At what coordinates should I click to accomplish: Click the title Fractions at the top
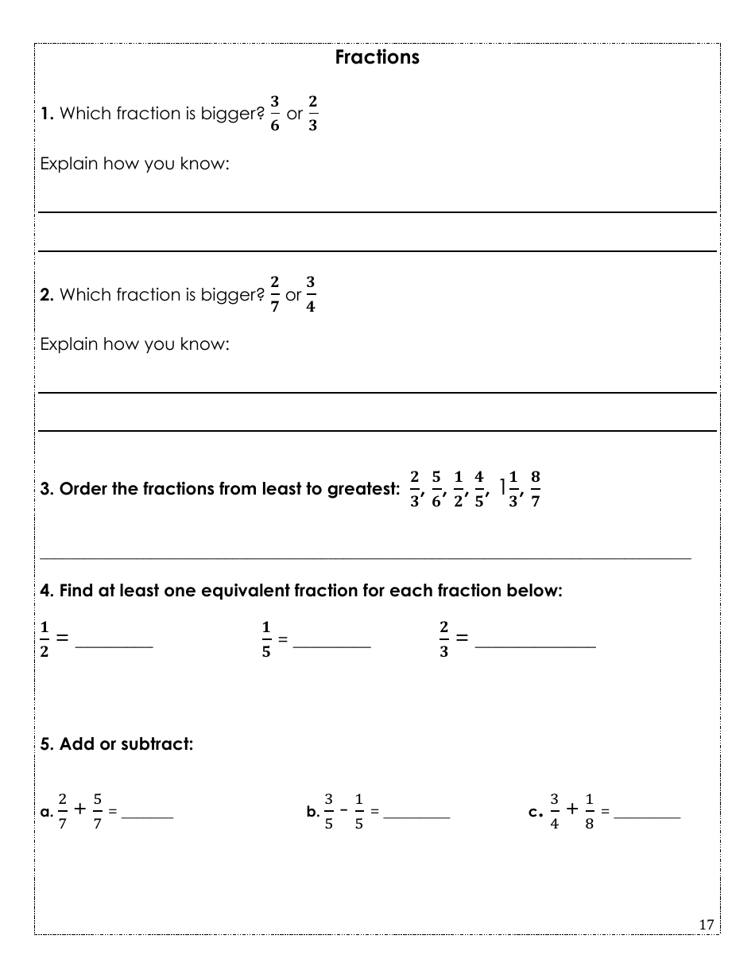377,57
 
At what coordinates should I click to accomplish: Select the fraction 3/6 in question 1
274,114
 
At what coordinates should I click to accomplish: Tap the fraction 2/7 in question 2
274,294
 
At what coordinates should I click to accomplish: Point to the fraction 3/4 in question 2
310,294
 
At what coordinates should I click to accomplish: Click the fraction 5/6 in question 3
436,489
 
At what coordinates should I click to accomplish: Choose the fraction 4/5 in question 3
479,489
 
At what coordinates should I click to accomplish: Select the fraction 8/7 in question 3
535,489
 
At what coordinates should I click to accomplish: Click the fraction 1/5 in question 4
266,640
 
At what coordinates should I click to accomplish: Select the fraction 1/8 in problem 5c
589,811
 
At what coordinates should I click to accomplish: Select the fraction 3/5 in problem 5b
328,811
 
